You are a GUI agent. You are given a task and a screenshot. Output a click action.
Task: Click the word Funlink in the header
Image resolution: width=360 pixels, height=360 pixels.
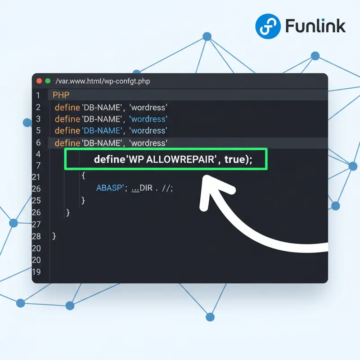(x=315, y=26)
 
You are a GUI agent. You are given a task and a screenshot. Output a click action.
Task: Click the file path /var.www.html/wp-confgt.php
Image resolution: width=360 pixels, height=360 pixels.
(x=102, y=81)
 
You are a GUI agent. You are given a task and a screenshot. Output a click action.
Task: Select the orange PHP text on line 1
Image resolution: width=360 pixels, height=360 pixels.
(x=61, y=95)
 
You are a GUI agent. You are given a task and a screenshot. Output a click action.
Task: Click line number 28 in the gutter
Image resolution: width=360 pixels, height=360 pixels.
(x=36, y=236)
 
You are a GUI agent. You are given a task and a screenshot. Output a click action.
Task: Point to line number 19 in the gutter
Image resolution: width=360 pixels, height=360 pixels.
(x=36, y=272)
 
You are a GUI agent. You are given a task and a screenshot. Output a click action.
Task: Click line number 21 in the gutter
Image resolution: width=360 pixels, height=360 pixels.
(x=36, y=177)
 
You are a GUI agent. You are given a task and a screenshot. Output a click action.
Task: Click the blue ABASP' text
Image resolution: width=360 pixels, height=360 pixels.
(x=110, y=188)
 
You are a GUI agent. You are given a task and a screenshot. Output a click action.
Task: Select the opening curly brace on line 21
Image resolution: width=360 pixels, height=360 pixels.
(x=84, y=175)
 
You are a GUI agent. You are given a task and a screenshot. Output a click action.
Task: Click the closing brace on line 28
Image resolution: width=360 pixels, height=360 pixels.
(x=54, y=236)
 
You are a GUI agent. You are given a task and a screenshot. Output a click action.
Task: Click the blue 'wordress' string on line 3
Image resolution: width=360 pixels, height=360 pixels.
(x=148, y=119)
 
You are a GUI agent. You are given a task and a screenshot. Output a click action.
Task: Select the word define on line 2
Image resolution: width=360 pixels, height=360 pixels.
(x=67, y=108)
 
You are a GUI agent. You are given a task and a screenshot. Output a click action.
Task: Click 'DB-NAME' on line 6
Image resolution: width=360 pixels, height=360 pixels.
(x=102, y=143)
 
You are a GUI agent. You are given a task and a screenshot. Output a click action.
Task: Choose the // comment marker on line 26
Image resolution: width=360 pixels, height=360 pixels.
(x=166, y=188)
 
